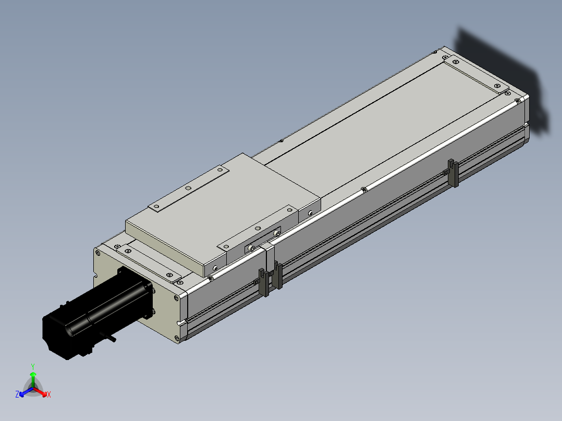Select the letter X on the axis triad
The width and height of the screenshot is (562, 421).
click(x=49, y=394)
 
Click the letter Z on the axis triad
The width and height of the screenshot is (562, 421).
click(x=17, y=394)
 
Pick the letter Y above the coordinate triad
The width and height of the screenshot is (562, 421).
click(x=33, y=367)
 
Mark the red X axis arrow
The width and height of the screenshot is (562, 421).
click(x=40, y=392)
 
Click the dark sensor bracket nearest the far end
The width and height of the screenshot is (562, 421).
click(x=454, y=173)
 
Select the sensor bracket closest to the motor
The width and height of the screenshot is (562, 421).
click(x=264, y=282)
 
